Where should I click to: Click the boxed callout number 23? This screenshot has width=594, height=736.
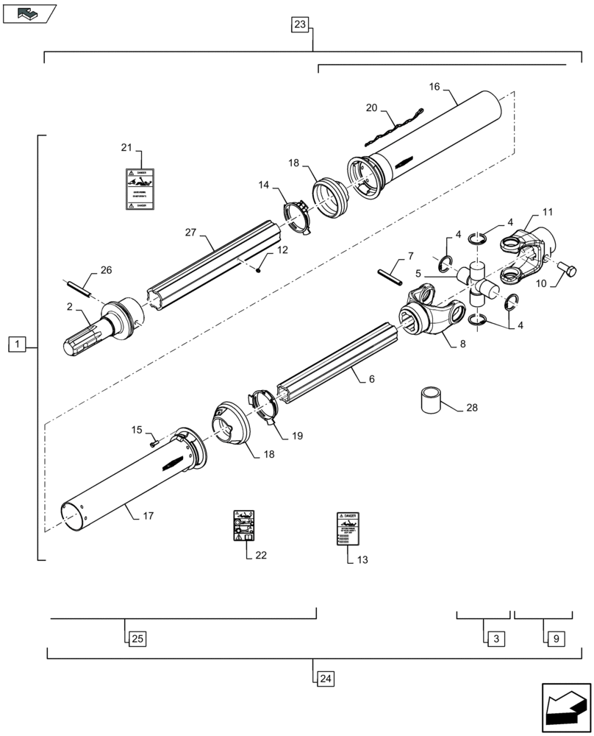[300, 25]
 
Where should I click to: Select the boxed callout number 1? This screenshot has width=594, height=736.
[18, 343]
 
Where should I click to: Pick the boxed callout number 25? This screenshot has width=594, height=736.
[137, 638]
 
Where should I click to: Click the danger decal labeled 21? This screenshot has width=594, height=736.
[138, 189]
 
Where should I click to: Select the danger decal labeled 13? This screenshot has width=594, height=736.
[347, 528]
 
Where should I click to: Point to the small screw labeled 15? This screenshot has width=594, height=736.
[153, 443]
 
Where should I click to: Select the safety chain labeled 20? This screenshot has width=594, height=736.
[393, 127]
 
